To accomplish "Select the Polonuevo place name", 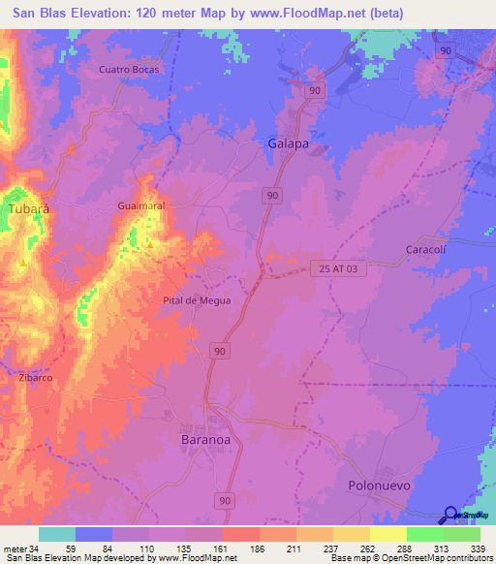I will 380,483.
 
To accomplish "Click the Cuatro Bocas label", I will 129,70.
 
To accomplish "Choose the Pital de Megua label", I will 197,300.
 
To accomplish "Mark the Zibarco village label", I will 35,377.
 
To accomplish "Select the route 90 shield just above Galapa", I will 314,89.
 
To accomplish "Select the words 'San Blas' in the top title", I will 38,14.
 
